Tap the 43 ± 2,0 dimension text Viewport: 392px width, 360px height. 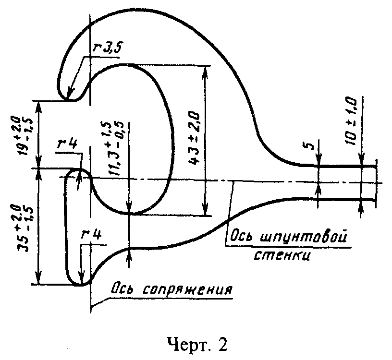click(x=194, y=138)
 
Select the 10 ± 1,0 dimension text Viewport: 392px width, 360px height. click(x=351, y=121)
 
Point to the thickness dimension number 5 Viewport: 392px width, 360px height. click(x=310, y=145)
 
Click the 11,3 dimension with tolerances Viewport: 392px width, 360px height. click(x=113, y=148)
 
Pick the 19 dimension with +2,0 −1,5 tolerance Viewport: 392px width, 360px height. click(x=25, y=135)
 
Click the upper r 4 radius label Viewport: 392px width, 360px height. click(x=67, y=144)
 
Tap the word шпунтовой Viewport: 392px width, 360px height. click(x=304, y=236)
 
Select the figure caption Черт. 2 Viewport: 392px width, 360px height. click(x=197, y=345)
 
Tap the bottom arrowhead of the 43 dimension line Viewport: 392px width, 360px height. click(x=205, y=209)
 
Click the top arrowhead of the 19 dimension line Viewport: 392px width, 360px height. click(x=38, y=108)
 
